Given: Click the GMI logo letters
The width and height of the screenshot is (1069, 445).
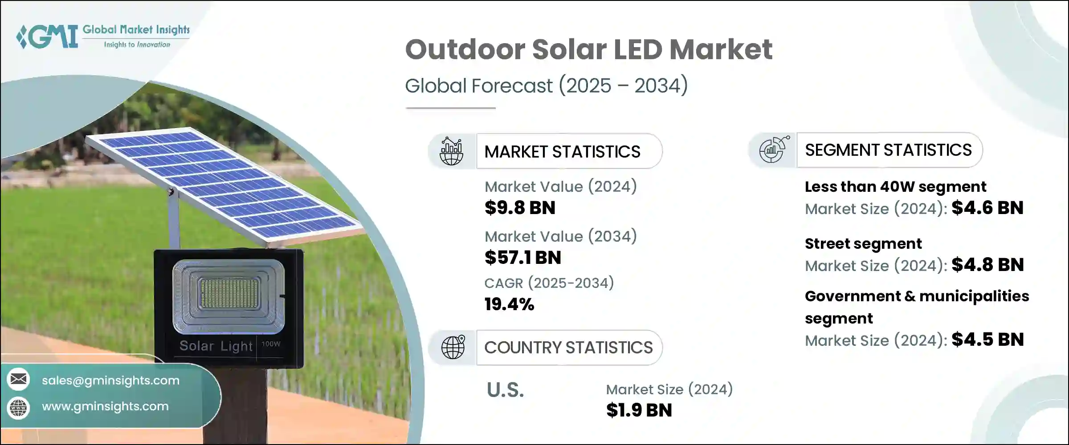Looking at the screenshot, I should pos(48,36).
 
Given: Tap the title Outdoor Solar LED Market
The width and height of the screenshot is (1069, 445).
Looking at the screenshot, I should pos(588,49).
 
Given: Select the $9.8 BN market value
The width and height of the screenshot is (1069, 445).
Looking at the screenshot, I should pos(520,208).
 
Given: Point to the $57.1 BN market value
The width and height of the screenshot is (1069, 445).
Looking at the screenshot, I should pos(522,258).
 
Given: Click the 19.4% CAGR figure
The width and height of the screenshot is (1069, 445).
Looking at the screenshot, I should pos(509,304).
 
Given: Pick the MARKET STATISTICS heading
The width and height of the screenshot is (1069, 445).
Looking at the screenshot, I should pos(562,152).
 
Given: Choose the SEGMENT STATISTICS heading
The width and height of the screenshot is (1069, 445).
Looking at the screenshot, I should pos(888,150).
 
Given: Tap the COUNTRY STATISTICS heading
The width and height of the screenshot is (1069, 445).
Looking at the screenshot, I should pos(568,348).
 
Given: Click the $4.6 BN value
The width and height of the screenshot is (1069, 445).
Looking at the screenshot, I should pos(987,208).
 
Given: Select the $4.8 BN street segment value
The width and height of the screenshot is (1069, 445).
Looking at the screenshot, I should pos(987,265).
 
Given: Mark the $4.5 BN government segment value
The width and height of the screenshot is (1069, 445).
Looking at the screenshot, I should pos(987,340).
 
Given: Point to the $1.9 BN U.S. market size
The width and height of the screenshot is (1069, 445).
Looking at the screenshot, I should pos(639,410).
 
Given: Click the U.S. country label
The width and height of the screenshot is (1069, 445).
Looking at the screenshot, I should pos(505,390).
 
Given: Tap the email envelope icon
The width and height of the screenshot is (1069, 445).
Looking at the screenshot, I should pos(19,380).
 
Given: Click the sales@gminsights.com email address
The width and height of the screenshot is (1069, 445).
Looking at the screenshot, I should pos(110,380).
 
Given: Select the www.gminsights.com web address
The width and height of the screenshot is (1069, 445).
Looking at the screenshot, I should pos(105,406).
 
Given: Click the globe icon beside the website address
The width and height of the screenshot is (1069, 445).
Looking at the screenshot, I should pos(19,408).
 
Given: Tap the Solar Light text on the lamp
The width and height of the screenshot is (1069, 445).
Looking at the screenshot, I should pos(216,346).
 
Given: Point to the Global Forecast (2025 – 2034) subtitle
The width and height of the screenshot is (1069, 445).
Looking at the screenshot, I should pos(546,85).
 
